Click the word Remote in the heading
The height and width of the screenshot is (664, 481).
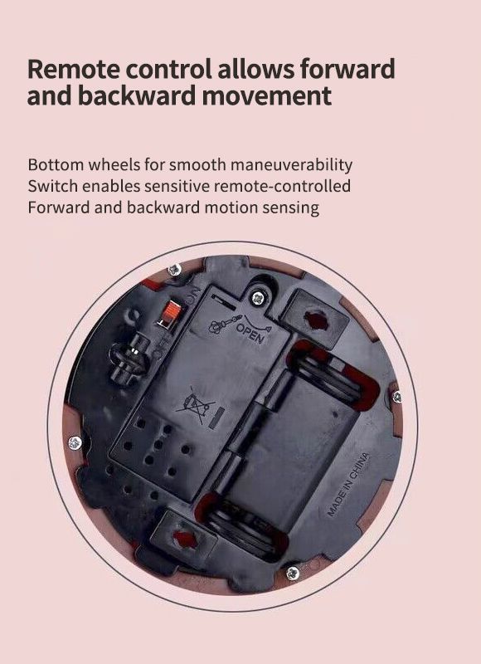[74, 69]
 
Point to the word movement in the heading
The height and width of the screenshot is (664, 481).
[266, 95]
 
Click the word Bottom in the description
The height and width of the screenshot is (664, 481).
[56, 164]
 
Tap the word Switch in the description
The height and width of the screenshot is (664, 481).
[53, 186]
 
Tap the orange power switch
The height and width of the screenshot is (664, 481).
[171, 315]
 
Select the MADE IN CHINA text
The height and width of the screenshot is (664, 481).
[348, 485]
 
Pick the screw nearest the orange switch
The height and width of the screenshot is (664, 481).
[174, 269]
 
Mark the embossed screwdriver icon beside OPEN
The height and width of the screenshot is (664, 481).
[223, 324]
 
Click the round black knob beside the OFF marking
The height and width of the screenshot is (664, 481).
[129, 358]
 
